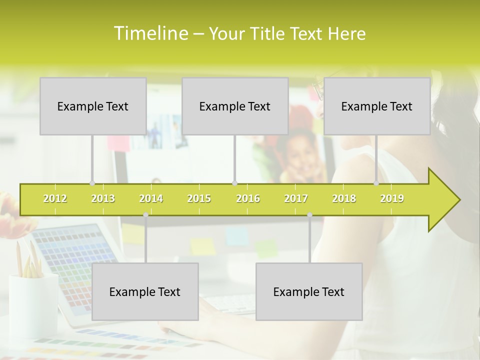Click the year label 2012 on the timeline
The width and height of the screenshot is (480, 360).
pyautogui.click(x=55, y=198)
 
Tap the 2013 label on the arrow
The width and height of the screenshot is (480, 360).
pyautogui.click(x=103, y=198)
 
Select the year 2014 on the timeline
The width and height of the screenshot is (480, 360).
pyautogui.click(x=151, y=198)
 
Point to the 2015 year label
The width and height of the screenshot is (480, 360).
pyautogui.click(x=199, y=198)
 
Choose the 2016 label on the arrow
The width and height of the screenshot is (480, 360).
pyautogui.click(x=248, y=198)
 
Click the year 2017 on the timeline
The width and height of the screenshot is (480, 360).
pyautogui.click(x=296, y=198)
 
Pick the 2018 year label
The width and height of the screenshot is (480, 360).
pyautogui.click(x=344, y=198)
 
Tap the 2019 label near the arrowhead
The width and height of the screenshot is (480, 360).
pyautogui.click(x=392, y=198)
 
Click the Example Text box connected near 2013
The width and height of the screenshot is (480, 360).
pyautogui.click(x=93, y=106)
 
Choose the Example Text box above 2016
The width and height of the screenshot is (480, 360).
pyautogui.click(x=235, y=106)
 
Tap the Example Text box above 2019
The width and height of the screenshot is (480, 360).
pyautogui.click(x=377, y=106)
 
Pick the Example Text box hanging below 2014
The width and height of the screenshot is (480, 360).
pyautogui.click(x=145, y=291)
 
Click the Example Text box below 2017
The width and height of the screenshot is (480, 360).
pyautogui.click(x=309, y=291)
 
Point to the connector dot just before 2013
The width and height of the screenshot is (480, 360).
pyautogui.click(x=92, y=183)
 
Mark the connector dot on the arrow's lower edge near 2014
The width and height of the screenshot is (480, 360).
pyautogui.click(x=145, y=215)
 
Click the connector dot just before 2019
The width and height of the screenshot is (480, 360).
pyautogui.click(x=376, y=183)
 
